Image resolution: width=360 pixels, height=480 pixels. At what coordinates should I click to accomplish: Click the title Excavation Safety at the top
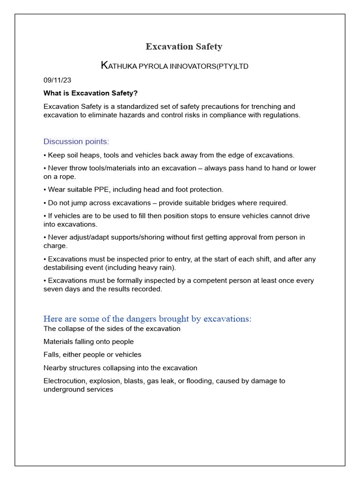(184, 46)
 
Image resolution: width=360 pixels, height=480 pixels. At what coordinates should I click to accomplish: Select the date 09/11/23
(58, 80)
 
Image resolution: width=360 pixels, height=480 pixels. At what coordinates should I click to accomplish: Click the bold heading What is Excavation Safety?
(90, 93)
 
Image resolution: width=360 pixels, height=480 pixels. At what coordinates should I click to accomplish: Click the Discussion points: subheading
(76, 142)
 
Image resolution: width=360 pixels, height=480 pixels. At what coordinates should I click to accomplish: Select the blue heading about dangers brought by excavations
(147, 319)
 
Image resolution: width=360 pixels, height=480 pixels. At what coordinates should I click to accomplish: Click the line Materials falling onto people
(89, 342)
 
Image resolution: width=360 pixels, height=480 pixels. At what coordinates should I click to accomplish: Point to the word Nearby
(55, 368)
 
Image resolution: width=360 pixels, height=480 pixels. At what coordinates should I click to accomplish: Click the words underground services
(78, 390)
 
